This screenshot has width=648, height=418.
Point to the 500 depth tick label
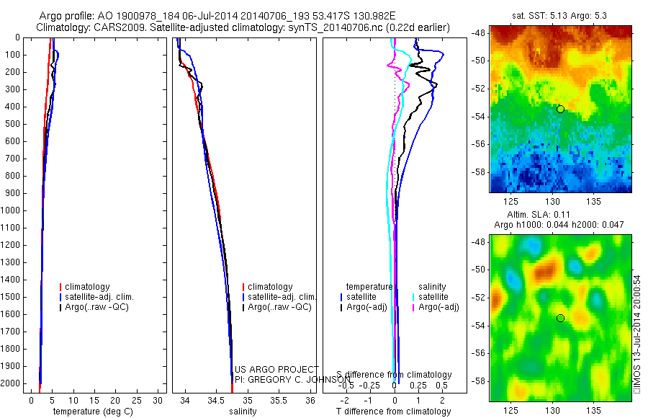pyautogui.click(x=13, y=124)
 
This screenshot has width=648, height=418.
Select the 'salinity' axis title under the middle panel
pyautogui.click(x=243, y=412)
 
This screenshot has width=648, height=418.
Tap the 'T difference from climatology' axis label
pyautogui.click(x=393, y=412)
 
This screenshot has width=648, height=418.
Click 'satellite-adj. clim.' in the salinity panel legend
pyautogui.click(x=282, y=297)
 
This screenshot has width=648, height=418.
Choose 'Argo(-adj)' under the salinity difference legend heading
pyautogui.click(x=439, y=307)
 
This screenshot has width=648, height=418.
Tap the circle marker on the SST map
pyautogui.click(x=560, y=109)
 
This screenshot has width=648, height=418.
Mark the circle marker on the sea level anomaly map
pyautogui.click(x=560, y=318)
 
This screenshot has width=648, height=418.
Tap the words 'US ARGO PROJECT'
pyautogui.click(x=271, y=369)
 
